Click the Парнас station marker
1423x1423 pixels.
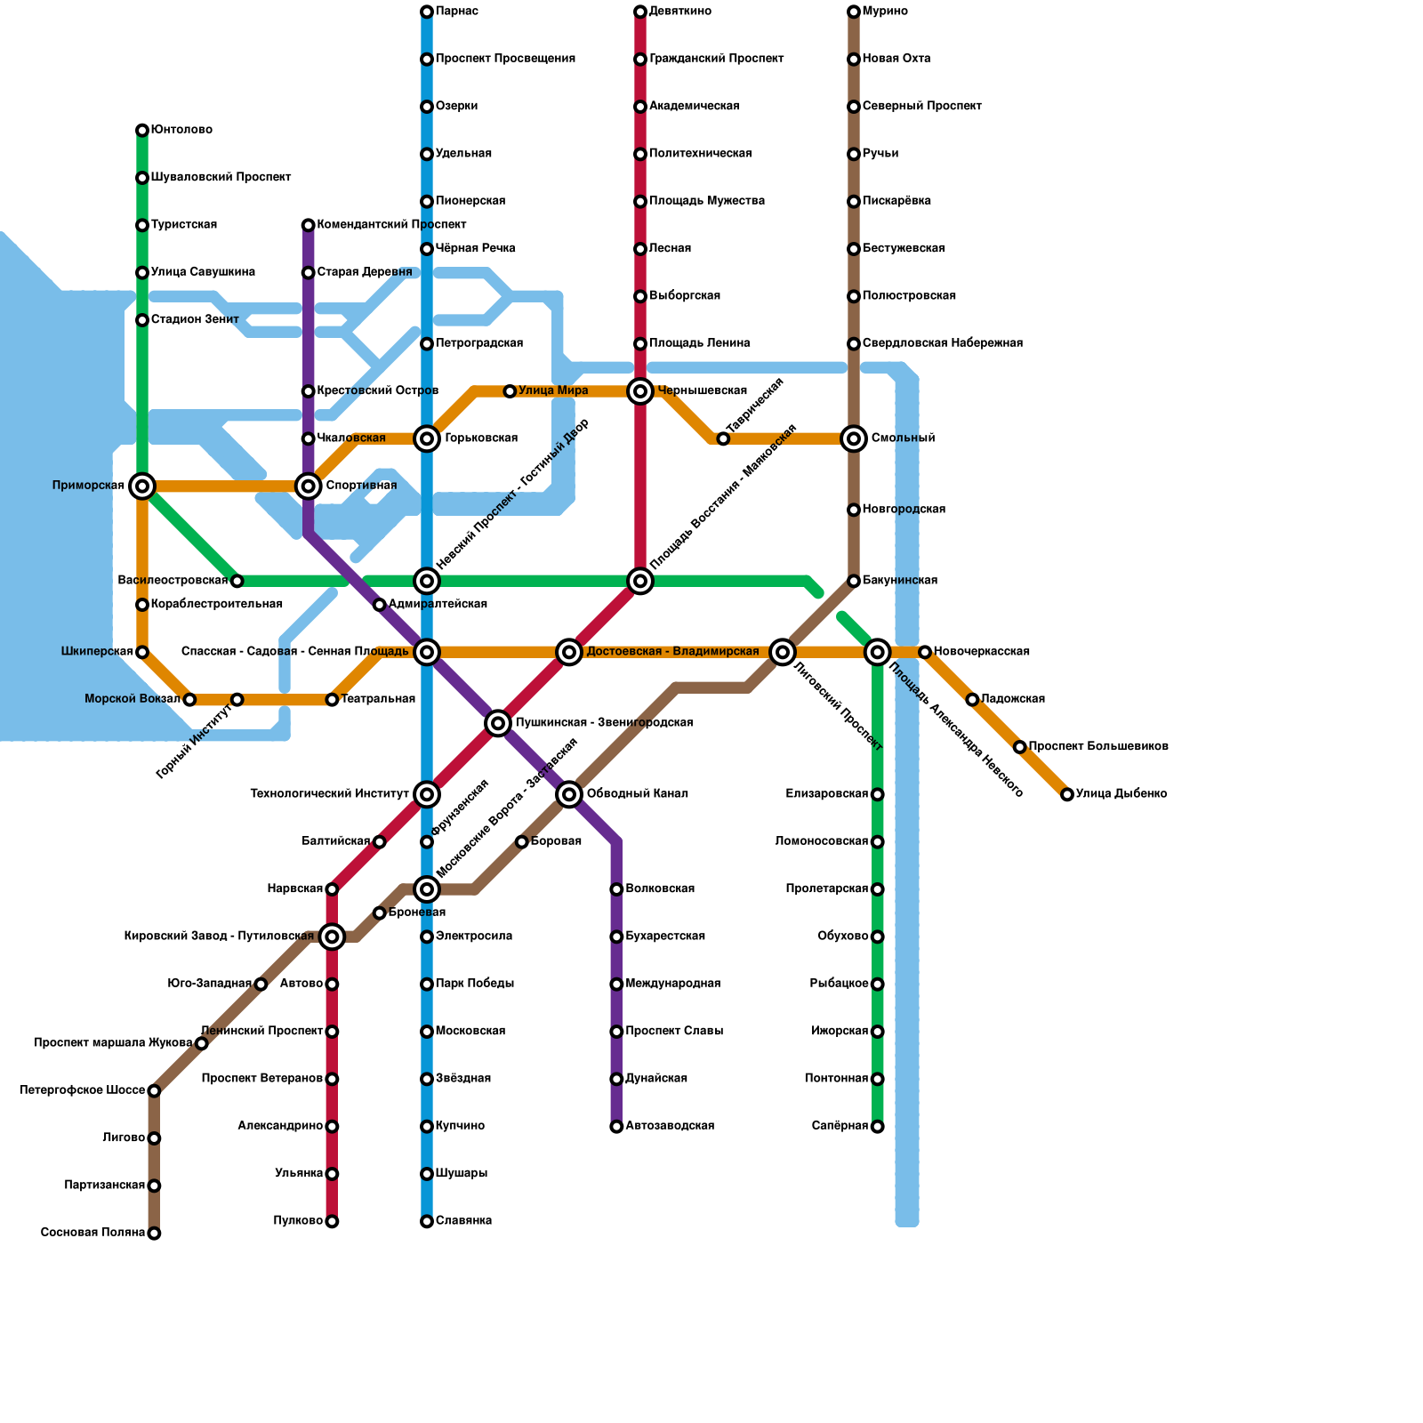[x=427, y=12]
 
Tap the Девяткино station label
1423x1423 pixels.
[x=679, y=12]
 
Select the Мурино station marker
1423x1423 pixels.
[x=854, y=12]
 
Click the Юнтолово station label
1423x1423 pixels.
[x=181, y=130]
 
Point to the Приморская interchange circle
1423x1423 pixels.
[x=142, y=486]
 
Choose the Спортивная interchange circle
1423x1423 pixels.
[x=309, y=486]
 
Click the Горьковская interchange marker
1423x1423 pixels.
[x=427, y=438]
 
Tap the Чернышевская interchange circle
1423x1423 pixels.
[x=640, y=391]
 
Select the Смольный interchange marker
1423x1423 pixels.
[x=854, y=438]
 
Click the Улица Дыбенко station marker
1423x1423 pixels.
[x=1067, y=794]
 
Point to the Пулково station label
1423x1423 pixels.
[x=298, y=1221]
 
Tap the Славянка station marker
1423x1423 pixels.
[x=427, y=1221]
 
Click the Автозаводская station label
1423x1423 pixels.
[x=670, y=1126]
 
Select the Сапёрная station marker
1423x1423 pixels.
[x=878, y=1127]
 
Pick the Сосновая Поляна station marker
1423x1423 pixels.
[x=154, y=1233]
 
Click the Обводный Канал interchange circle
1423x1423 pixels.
[x=569, y=794]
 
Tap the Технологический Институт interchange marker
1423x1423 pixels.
[x=427, y=794]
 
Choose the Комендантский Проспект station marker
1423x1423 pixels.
[x=309, y=225]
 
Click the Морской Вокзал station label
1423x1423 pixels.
[x=133, y=699]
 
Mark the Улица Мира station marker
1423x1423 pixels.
[x=510, y=391]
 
